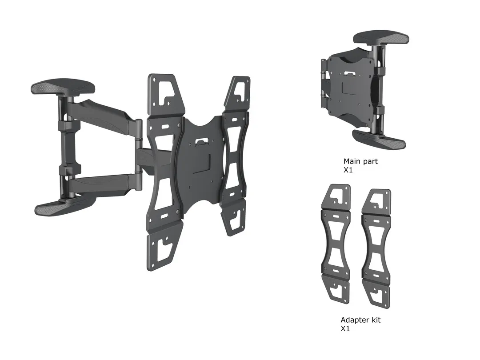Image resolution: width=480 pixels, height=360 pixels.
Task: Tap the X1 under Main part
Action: [348, 170]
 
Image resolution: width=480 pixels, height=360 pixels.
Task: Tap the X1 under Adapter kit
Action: [345, 328]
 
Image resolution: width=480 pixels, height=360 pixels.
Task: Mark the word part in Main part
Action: [370, 161]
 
